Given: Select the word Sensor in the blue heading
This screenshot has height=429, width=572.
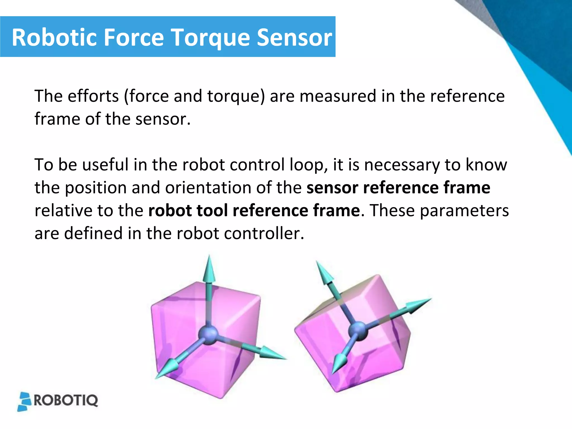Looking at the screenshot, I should [x=294, y=37].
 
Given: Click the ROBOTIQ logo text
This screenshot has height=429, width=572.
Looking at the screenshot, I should [x=66, y=401].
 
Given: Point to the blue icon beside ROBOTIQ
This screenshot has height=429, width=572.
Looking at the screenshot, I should [x=25, y=402].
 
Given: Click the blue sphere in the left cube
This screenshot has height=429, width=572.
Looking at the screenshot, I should [x=208, y=334].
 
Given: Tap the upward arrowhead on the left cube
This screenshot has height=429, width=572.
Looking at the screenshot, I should [x=209, y=270].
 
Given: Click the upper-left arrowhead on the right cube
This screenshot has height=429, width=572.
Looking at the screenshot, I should [x=324, y=272].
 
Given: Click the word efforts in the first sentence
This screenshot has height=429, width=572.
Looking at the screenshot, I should [x=93, y=96].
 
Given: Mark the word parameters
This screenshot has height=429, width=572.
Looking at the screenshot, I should [x=464, y=211].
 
